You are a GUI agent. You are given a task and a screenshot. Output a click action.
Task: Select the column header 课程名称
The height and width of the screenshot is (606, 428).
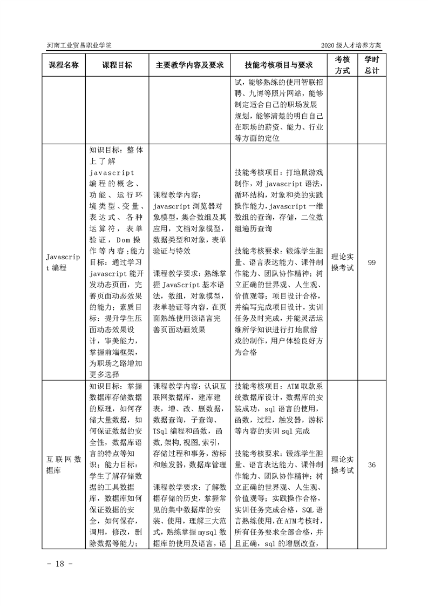[64, 65]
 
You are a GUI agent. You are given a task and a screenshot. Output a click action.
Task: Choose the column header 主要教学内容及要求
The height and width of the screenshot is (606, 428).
[189, 65]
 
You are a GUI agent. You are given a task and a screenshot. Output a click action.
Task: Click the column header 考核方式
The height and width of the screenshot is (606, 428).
[343, 65]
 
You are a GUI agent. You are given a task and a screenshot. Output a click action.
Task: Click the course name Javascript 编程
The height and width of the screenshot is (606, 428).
[64, 262]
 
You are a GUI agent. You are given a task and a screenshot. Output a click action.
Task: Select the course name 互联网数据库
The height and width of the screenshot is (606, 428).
[64, 464]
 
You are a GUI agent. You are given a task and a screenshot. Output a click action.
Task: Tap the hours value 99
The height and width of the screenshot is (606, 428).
[371, 262]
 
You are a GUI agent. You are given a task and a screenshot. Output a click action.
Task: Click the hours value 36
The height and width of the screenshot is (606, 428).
[371, 464]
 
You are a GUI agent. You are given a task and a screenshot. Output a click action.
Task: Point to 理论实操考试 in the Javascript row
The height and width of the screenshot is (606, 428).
[343, 262]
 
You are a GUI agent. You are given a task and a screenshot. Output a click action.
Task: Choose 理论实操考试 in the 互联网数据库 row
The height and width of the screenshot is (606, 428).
[343, 464]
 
